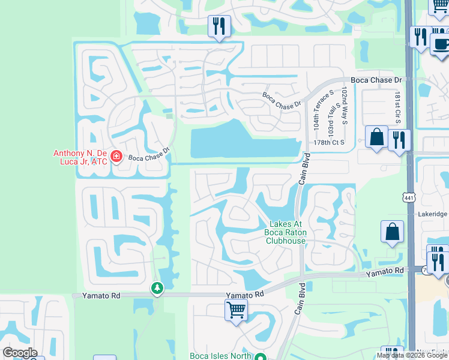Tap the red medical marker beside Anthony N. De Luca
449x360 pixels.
click(116, 158)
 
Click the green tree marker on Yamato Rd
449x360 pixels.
click(157, 289)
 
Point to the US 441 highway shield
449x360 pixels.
click(409, 196)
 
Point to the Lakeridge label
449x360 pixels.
click(433, 214)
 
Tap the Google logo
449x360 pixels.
click(20, 353)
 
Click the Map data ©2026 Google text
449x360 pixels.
click(412, 355)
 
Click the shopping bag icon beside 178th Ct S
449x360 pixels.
click(376, 137)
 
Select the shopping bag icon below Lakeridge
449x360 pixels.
click(392, 232)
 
